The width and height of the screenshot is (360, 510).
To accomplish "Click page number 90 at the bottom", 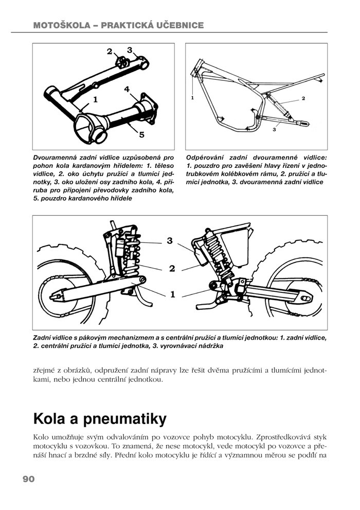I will (28, 479).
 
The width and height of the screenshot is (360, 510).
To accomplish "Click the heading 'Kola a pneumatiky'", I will (100, 419).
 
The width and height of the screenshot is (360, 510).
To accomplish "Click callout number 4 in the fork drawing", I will (127, 89).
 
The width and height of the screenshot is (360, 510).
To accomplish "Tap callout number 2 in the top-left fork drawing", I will (110, 51).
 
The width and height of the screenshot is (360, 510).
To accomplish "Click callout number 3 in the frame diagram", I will (274, 130).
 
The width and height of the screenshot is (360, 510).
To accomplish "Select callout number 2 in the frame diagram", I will (303, 98).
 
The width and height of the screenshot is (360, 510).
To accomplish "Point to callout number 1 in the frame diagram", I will (192, 97).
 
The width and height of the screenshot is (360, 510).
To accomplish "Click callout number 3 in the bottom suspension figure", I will (170, 241).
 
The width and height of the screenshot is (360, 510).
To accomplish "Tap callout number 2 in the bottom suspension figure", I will (172, 268).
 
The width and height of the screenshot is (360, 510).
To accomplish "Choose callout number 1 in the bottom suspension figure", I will (172, 294).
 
